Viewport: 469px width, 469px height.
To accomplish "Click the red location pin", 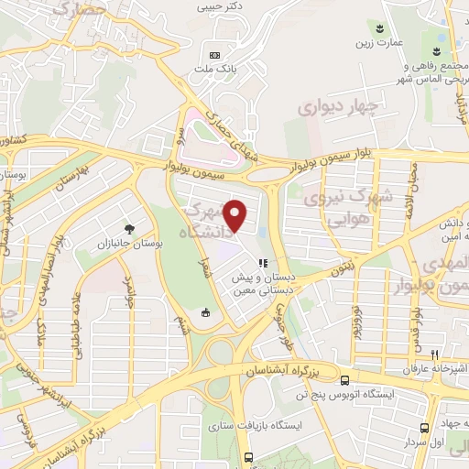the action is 236,214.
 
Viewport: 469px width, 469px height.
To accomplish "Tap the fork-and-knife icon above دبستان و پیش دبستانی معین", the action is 263,263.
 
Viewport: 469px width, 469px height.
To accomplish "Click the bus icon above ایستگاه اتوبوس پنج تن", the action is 344,380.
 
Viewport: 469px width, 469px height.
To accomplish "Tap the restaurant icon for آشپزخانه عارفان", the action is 436,354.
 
